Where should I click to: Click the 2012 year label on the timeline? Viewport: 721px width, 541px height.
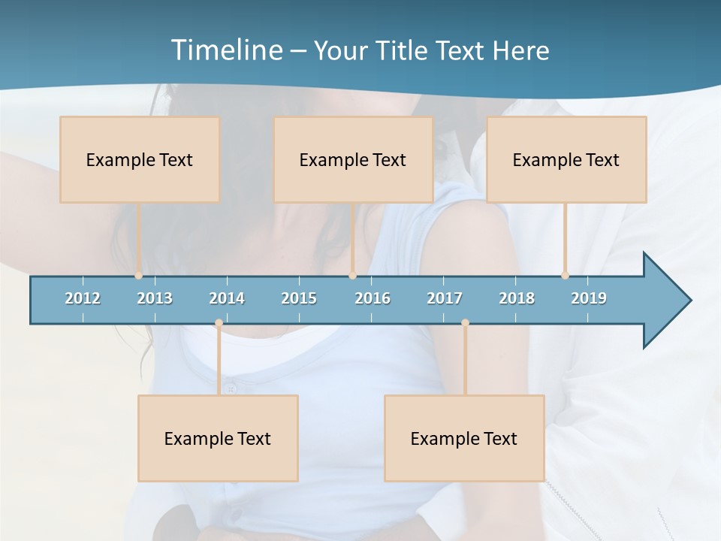point(83,298)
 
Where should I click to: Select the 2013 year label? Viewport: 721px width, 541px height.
point(155,298)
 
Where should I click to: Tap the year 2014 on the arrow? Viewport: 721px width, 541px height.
point(227,298)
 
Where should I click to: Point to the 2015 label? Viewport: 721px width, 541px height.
point(299,298)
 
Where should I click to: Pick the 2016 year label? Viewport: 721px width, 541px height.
point(373,298)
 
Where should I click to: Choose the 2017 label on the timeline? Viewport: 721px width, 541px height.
point(445,298)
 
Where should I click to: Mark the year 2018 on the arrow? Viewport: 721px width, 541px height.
point(517,298)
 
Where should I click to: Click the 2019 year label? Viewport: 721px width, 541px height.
point(589,298)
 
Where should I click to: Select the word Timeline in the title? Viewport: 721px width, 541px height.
point(226,50)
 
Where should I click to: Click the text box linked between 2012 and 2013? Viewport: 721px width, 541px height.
point(140,159)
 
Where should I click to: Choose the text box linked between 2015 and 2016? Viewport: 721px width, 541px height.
point(353,159)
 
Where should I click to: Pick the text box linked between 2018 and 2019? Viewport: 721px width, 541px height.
point(566,159)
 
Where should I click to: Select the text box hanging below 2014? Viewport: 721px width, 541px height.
point(218,438)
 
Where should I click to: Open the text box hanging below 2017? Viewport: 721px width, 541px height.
point(464,438)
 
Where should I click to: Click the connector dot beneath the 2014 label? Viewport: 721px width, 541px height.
point(219,323)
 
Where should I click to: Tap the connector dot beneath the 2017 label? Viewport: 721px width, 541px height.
point(465,323)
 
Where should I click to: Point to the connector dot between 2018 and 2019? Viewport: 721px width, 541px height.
point(565,276)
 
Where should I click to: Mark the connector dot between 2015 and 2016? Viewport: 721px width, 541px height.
point(352,276)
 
